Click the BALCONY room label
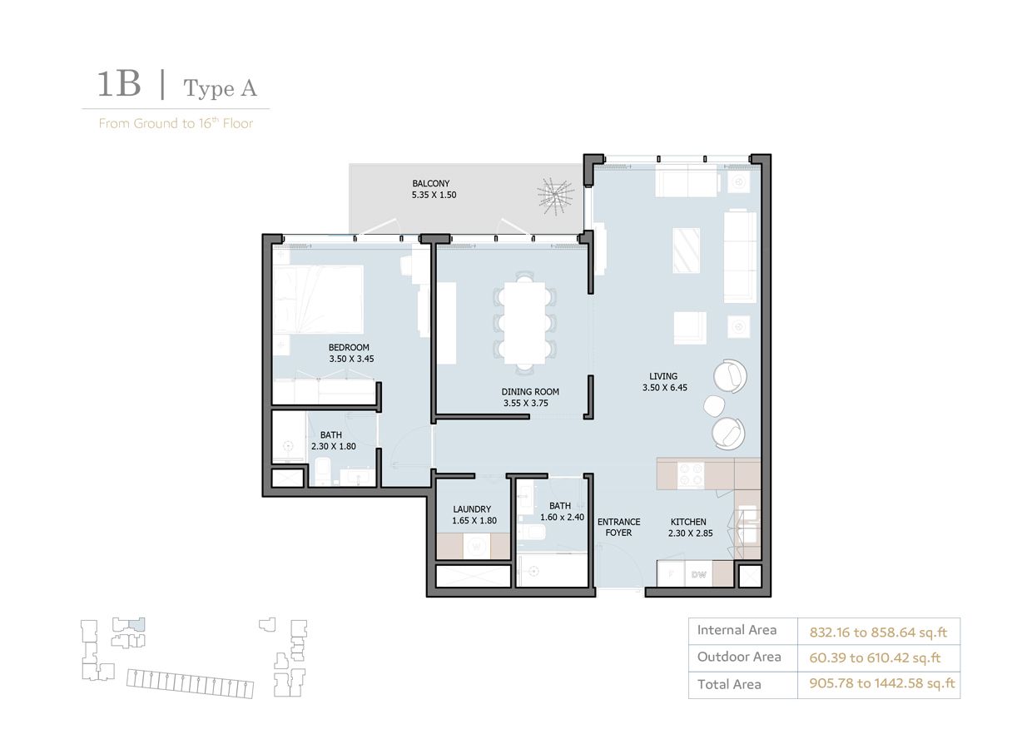[x=430, y=183]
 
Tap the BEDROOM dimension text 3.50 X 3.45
[x=349, y=360]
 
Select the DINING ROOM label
[x=530, y=391]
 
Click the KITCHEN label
[x=688, y=522]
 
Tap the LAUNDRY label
[x=472, y=509]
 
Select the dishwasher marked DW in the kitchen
[x=699, y=574]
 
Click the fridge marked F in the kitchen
[x=670, y=574]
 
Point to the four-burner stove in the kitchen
[x=692, y=474]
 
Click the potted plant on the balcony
[x=555, y=196]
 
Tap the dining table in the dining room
[x=524, y=321]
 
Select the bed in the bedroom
[x=319, y=299]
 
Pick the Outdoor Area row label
[x=739, y=657]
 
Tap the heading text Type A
[x=220, y=88]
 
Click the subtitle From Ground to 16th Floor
[x=176, y=123]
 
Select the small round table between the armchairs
[x=715, y=406]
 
